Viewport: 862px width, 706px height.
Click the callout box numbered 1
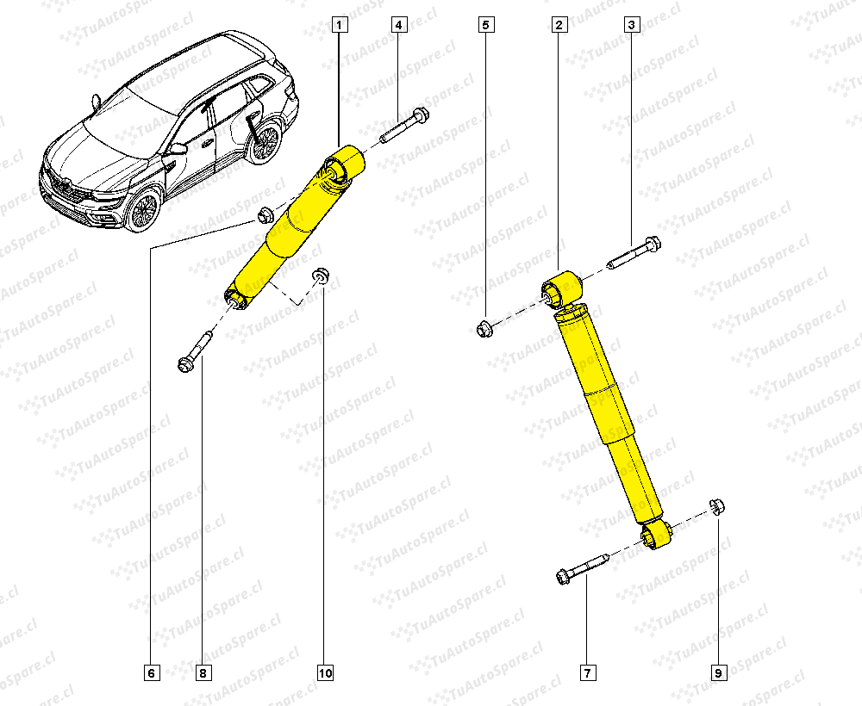pyautogui.click(x=340, y=25)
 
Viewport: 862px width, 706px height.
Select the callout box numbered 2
pyautogui.click(x=559, y=25)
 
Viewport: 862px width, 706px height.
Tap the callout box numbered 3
pyautogui.click(x=632, y=25)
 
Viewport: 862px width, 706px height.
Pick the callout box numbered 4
pyautogui.click(x=399, y=25)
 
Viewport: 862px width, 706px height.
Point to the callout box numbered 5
pyautogui.click(x=486, y=25)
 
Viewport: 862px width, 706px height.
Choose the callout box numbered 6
pyautogui.click(x=153, y=672)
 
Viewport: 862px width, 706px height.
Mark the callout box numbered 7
pyautogui.click(x=588, y=672)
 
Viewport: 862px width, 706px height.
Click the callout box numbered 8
pyautogui.click(x=203, y=672)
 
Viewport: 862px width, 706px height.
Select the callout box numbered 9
pyautogui.click(x=719, y=672)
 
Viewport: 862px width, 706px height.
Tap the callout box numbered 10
pyautogui.click(x=325, y=672)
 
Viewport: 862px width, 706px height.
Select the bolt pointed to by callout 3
pyautogui.click(x=634, y=254)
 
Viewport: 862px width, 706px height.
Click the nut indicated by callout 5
pyautogui.click(x=484, y=328)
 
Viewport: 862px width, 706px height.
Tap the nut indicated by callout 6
pyautogui.click(x=265, y=214)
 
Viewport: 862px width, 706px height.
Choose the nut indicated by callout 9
pyautogui.click(x=717, y=505)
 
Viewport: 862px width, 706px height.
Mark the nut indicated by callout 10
pyautogui.click(x=320, y=276)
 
